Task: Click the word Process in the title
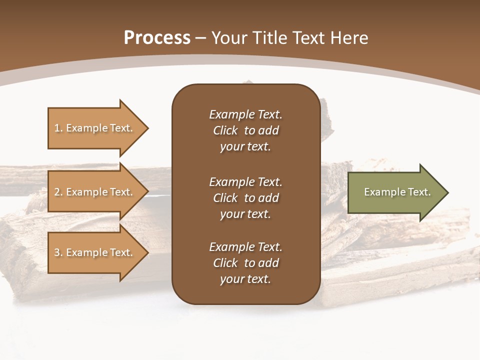pyautogui.click(x=157, y=38)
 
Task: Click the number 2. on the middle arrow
pyautogui.click(x=58, y=192)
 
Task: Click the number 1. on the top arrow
pyautogui.click(x=58, y=128)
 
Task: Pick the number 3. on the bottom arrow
pyautogui.click(x=58, y=252)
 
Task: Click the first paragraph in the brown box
pyautogui.click(x=245, y=130)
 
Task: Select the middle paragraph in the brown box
pyautogui.click(x=245, y=198)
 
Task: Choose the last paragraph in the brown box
pyautogui.click(x=245, y=263)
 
